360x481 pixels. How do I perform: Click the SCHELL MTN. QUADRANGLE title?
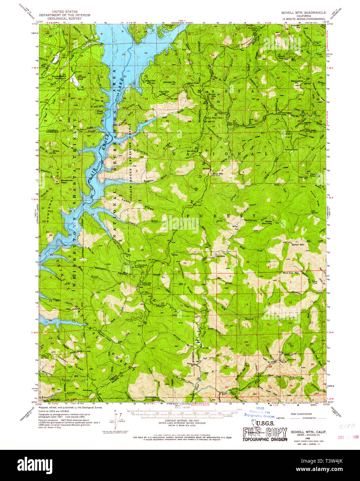[x=303, y=12]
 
